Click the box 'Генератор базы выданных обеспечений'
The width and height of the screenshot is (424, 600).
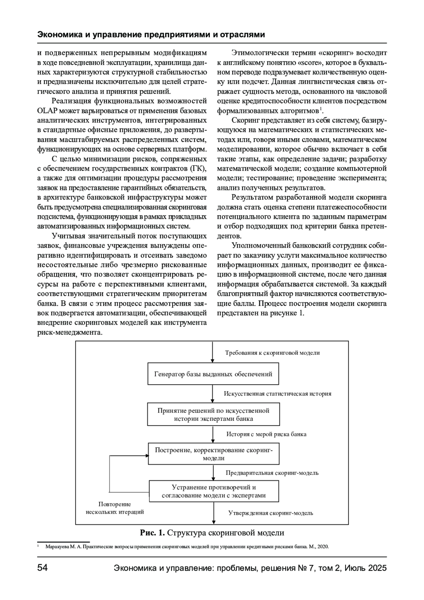213,374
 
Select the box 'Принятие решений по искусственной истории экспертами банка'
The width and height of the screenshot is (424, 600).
213,415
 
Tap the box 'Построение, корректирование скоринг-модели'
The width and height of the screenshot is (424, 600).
213,454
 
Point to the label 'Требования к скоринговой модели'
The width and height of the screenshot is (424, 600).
272,353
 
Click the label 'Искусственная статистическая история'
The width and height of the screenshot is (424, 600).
277,394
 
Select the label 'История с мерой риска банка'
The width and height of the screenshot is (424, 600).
266,434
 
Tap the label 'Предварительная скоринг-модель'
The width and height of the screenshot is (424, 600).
272,473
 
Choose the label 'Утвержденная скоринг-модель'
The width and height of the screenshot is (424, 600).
271,513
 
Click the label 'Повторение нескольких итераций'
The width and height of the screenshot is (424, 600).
114,508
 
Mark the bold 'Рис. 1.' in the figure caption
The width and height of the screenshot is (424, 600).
152,533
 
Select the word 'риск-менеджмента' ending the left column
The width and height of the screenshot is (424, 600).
70,333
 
